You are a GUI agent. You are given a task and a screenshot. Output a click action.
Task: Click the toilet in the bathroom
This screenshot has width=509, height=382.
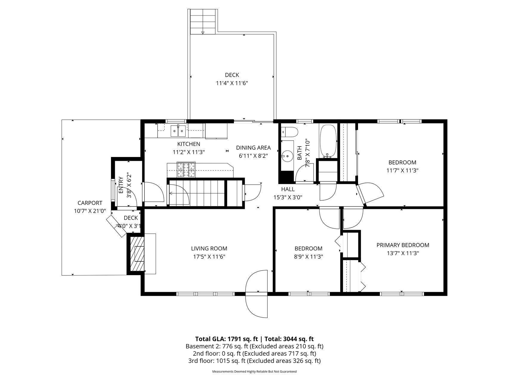pos(290,132)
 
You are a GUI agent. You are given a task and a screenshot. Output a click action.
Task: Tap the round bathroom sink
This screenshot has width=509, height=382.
pos(287,155)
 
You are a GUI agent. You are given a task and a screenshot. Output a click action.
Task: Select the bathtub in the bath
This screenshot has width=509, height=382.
pos(328,141)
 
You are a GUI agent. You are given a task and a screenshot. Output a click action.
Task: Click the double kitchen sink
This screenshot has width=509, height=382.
pos(178,130)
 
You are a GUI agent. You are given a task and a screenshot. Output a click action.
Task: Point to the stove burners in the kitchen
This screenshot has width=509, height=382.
pos(186,170)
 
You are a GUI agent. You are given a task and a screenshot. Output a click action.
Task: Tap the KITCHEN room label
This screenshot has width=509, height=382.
pos(189,144)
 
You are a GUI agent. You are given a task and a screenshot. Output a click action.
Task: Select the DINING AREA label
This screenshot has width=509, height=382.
pos(253,148)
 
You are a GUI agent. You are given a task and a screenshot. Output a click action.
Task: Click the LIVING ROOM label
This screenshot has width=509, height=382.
pos(209,248)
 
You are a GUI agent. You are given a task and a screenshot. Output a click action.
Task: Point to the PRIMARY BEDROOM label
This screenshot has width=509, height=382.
pos(403,245)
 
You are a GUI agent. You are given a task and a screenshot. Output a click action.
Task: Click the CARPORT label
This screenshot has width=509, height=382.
pos(90,203)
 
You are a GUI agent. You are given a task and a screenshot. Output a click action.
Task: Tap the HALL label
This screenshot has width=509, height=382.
pos(288,189)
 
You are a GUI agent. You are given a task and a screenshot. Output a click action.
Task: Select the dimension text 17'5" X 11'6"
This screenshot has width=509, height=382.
pos(209,256)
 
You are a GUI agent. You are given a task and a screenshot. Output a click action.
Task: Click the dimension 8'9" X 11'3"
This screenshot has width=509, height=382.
pos(309,256)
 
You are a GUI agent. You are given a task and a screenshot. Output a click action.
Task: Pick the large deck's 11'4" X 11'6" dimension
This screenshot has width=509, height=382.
pos(232,83)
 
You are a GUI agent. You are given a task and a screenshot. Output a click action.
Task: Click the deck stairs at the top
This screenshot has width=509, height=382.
pos(203,21)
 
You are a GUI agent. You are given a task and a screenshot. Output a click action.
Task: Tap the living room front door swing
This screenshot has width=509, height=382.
pos(257,294)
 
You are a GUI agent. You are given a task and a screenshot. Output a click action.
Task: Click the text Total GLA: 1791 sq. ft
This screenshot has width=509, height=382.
pos(226,339)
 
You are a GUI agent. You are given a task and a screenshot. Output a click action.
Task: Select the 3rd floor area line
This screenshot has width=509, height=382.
pos(254,361)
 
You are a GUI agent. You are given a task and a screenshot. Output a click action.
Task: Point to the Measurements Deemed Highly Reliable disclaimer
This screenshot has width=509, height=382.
pos(254,372)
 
